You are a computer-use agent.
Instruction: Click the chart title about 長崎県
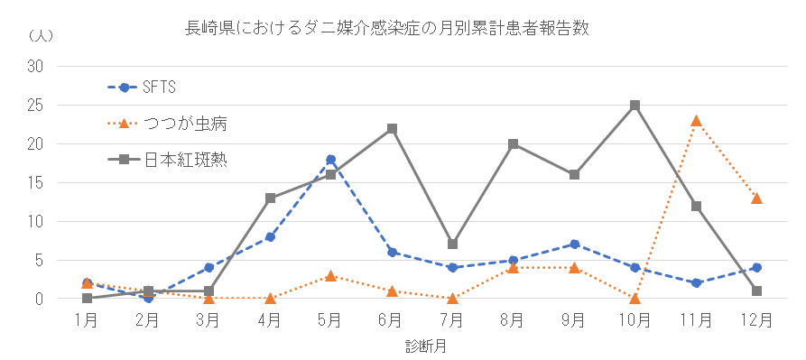point(386,28)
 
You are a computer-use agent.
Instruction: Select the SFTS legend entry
point(142,88)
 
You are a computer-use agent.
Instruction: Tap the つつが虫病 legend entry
point(167,124)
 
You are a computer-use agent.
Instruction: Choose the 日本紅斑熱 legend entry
point(167,160)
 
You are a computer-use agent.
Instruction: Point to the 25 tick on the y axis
point(35,106)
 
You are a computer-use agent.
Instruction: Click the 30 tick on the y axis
point(35,67)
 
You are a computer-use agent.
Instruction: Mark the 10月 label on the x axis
point(635,321)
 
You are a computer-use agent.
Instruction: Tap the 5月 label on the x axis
point(330,321)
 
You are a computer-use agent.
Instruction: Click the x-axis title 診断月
point(426,346)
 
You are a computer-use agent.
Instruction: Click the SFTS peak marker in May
point(330,159)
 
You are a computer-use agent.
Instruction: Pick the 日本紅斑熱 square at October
point(635,106)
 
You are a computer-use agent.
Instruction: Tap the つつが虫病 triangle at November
point(696,121)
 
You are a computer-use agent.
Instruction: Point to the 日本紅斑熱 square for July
point(452,244)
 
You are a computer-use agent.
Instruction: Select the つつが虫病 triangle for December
point(756,198)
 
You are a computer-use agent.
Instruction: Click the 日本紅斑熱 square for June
point(392,128)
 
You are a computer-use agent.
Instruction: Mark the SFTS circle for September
point(574,244)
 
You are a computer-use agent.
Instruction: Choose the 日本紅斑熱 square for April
point(270,198)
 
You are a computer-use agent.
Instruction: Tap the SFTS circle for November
point(696,283)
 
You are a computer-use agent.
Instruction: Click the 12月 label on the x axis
point(756,321)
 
